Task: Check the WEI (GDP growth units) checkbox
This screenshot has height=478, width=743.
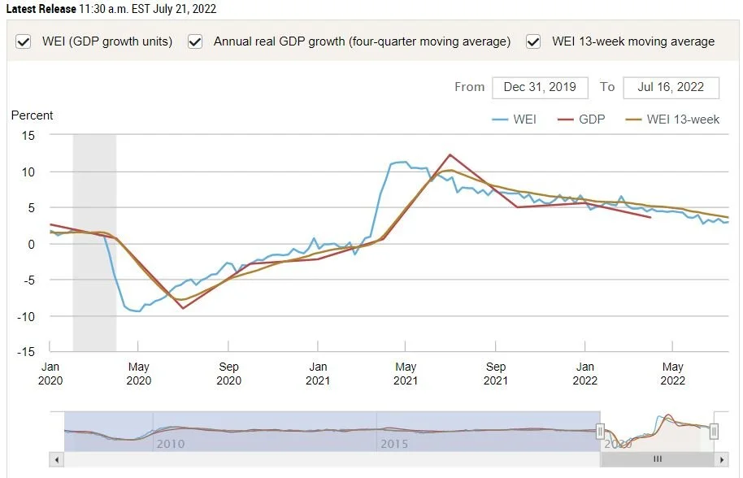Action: (x=24, y=41)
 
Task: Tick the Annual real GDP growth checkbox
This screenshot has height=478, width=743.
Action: (x=195, y=41)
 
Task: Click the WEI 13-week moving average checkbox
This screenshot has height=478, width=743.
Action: (x=534, y=41)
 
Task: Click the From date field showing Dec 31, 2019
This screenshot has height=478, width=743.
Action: (x=539, y=87)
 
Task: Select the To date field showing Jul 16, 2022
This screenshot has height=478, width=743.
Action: (x=671, y=87)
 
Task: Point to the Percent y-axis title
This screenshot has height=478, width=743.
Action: (x=32, y=115)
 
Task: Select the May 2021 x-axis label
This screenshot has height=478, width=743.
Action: (x=406, y=373)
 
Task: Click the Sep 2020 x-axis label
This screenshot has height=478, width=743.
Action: (x=228, y=373)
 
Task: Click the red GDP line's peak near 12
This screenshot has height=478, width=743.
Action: (x=450, y=154)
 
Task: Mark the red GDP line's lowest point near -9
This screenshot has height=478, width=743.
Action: (x=183, y=308)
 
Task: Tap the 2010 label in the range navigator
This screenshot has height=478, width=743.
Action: (x=170, y=444)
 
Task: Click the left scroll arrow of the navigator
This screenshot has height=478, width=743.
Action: (x=56, y=460)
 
